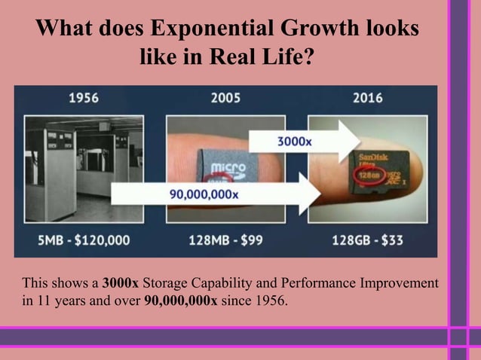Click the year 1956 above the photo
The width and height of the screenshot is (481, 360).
pos(84,98)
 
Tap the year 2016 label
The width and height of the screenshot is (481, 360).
pos(366,98)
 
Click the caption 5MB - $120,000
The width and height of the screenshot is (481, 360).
pos(84,241)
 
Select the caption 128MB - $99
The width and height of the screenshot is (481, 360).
pos(225,241)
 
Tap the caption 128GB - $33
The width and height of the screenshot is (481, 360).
pos(367,241)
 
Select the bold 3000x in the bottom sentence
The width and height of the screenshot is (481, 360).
pos(121,284)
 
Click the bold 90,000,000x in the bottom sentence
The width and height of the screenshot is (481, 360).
pos(180,302)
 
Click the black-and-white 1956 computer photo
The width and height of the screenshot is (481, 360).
pos(84,169)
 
